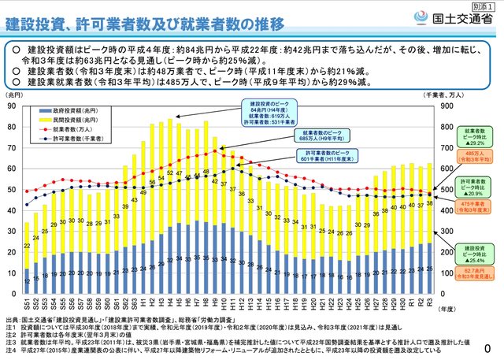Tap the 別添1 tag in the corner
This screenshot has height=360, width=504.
[x=489, y=6]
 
